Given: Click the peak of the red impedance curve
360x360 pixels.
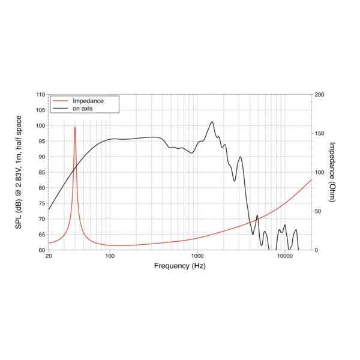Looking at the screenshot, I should pos(75,127).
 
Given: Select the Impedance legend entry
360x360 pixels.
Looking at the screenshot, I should pos(88,101).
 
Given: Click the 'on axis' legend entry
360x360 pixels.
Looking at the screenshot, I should pos(83,109).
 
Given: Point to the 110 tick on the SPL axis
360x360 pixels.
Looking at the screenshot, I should pos(40,95).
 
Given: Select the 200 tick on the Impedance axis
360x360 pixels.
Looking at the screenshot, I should pos(319,95).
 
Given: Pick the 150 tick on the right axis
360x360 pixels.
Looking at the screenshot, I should pos(319,134).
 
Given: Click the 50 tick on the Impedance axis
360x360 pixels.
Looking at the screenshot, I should pos(318,211).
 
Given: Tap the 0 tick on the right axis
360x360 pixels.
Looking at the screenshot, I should pos(316,250).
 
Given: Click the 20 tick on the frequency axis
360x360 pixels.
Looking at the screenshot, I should pos(49,256).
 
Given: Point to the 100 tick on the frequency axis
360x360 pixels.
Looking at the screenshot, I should pos(110,256).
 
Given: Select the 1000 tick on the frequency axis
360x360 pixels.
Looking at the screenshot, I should pos(197,256).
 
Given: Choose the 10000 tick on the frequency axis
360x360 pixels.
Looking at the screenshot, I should pos(284,256).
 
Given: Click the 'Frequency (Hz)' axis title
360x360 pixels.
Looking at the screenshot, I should pos(180,265).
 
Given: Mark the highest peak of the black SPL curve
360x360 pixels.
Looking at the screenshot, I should pos(212,122).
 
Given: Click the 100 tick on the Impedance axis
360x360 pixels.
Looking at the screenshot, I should pos(319,172).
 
